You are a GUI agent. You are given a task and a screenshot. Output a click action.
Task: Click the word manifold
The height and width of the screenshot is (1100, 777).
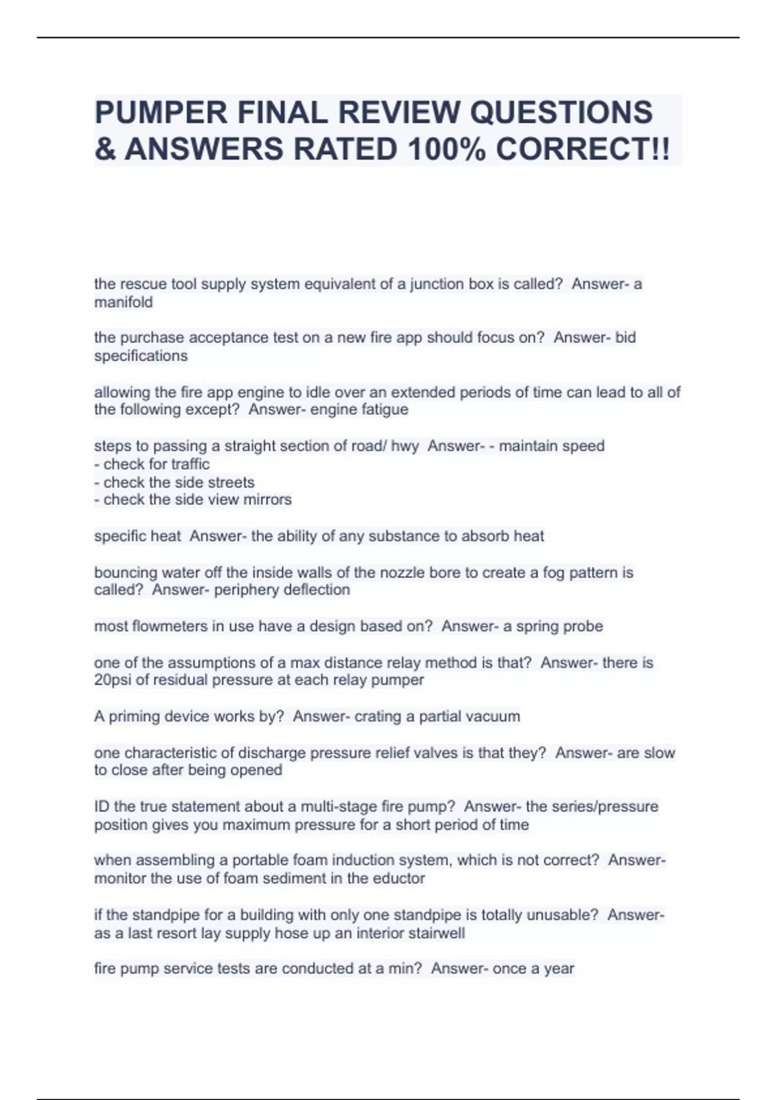click(x=124, y=302)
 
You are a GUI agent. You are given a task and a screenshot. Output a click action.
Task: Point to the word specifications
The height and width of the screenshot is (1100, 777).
click(x=141, y=356)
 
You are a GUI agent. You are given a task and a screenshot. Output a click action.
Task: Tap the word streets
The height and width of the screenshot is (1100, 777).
click(x=231, y=482)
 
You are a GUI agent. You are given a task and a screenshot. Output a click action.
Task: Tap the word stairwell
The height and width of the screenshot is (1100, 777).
click(x=435, y=933)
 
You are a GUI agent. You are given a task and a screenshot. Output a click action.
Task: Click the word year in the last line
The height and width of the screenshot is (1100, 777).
click(x=559, y=969)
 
